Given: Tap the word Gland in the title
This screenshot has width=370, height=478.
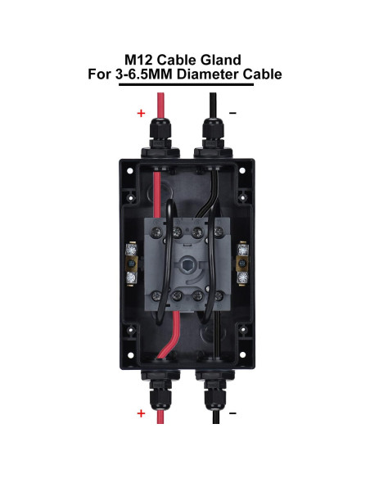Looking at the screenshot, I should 226,60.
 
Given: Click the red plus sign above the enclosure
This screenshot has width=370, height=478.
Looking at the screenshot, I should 140,114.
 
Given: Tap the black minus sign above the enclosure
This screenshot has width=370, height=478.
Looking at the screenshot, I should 232,114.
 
